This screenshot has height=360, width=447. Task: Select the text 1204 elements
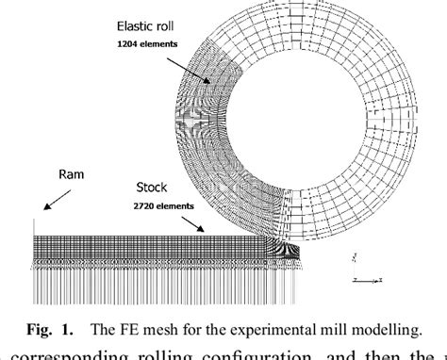point(143,43)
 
